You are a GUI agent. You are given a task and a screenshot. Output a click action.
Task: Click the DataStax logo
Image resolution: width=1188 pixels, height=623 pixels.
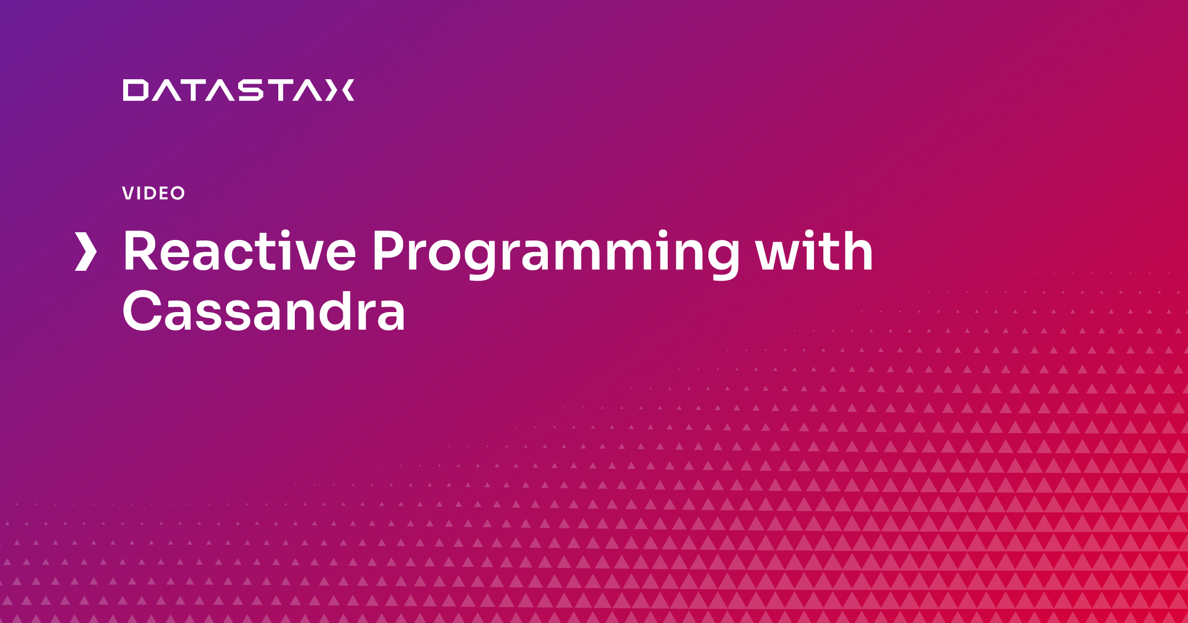[x=239, y=90]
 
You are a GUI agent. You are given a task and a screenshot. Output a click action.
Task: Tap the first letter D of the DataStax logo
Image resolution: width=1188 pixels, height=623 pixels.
[x=135, y=90]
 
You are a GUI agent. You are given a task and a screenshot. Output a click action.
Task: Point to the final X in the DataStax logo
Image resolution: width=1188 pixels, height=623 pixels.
[x=340, y=90]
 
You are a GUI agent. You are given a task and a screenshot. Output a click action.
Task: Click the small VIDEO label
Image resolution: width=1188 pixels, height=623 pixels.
[x=153, y=193]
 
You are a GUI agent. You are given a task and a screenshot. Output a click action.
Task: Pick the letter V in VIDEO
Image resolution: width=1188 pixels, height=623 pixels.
[x=128, y=193]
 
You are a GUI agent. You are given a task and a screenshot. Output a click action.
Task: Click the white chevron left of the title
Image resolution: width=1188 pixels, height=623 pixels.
[x=86, y=252]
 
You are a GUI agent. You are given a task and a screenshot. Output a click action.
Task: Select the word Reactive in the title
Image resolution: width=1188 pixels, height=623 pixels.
[x=240, y=251]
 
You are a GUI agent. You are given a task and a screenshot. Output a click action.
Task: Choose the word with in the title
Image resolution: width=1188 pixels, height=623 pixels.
[x=814, y=251]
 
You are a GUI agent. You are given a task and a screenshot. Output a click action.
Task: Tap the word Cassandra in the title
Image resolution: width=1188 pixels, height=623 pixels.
[x=264, y=311]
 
